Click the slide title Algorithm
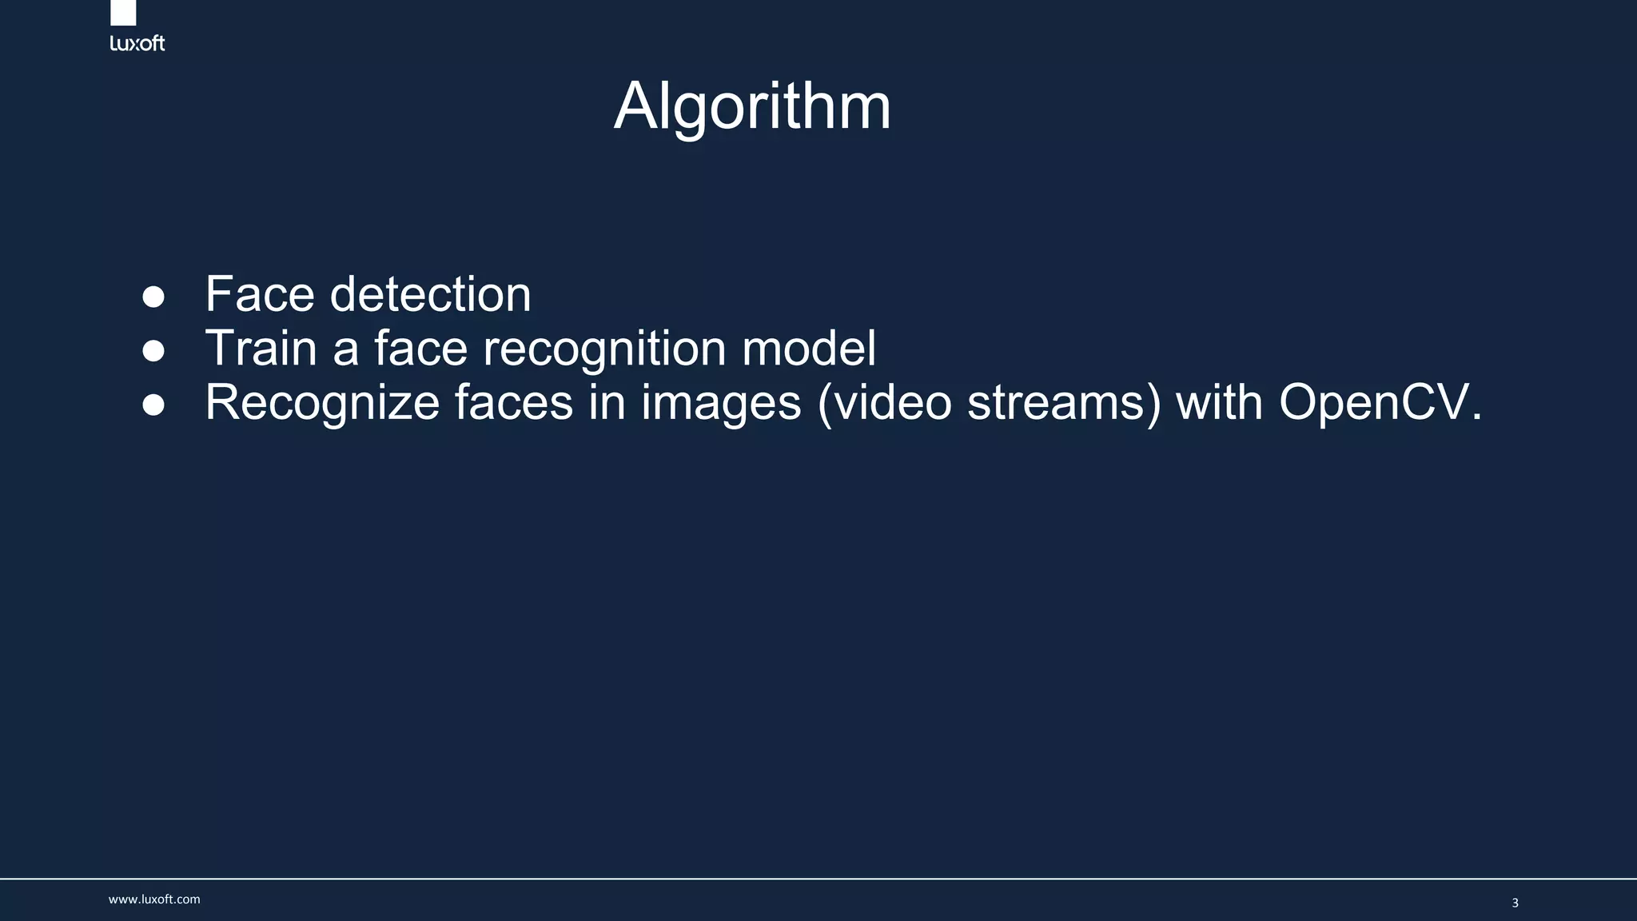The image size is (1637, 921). (752, 106)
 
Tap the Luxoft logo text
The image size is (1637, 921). (137, 43)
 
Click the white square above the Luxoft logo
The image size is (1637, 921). (123, 12)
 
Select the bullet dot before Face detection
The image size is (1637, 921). (153, 297)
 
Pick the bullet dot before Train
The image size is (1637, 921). (153, 351)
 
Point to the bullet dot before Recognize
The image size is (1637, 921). (153, 405)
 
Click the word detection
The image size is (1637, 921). (430, 294)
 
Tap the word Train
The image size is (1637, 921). (261, 349)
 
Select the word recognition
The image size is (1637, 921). (605, 349)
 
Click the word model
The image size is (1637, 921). (809, 349)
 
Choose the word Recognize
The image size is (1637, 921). (322, 402)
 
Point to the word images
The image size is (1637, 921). (721, 402)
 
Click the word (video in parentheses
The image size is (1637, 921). (885, 402)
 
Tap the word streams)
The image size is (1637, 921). (1064, 402)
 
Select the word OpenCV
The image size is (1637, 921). (1380, 402)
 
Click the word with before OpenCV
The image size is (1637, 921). (1220, 402)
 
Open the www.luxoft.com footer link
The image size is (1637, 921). (154, 899)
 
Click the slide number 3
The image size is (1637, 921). (1515, 903)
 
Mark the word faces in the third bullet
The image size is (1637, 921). (513, 402)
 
